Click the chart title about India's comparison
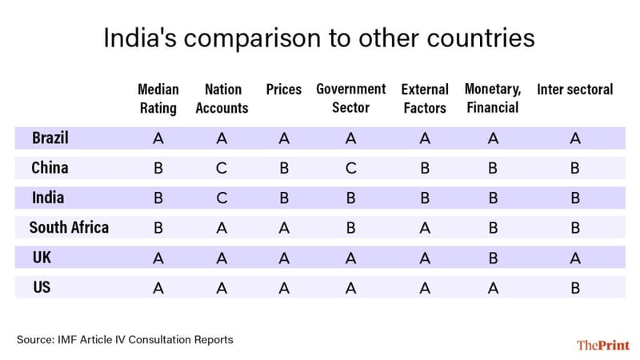319,38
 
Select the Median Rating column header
158,98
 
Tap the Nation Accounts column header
222,98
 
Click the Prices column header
283,89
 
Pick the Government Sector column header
350,98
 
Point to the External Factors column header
424,98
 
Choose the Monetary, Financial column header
492,98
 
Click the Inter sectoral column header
574,89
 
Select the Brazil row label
50,138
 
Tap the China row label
50,168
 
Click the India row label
48,198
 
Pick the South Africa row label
69,227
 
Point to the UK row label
42,258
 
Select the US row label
42,286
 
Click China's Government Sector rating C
350,169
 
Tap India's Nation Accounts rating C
222,198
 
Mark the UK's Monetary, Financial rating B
493,258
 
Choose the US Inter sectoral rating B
574,288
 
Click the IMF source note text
125,340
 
